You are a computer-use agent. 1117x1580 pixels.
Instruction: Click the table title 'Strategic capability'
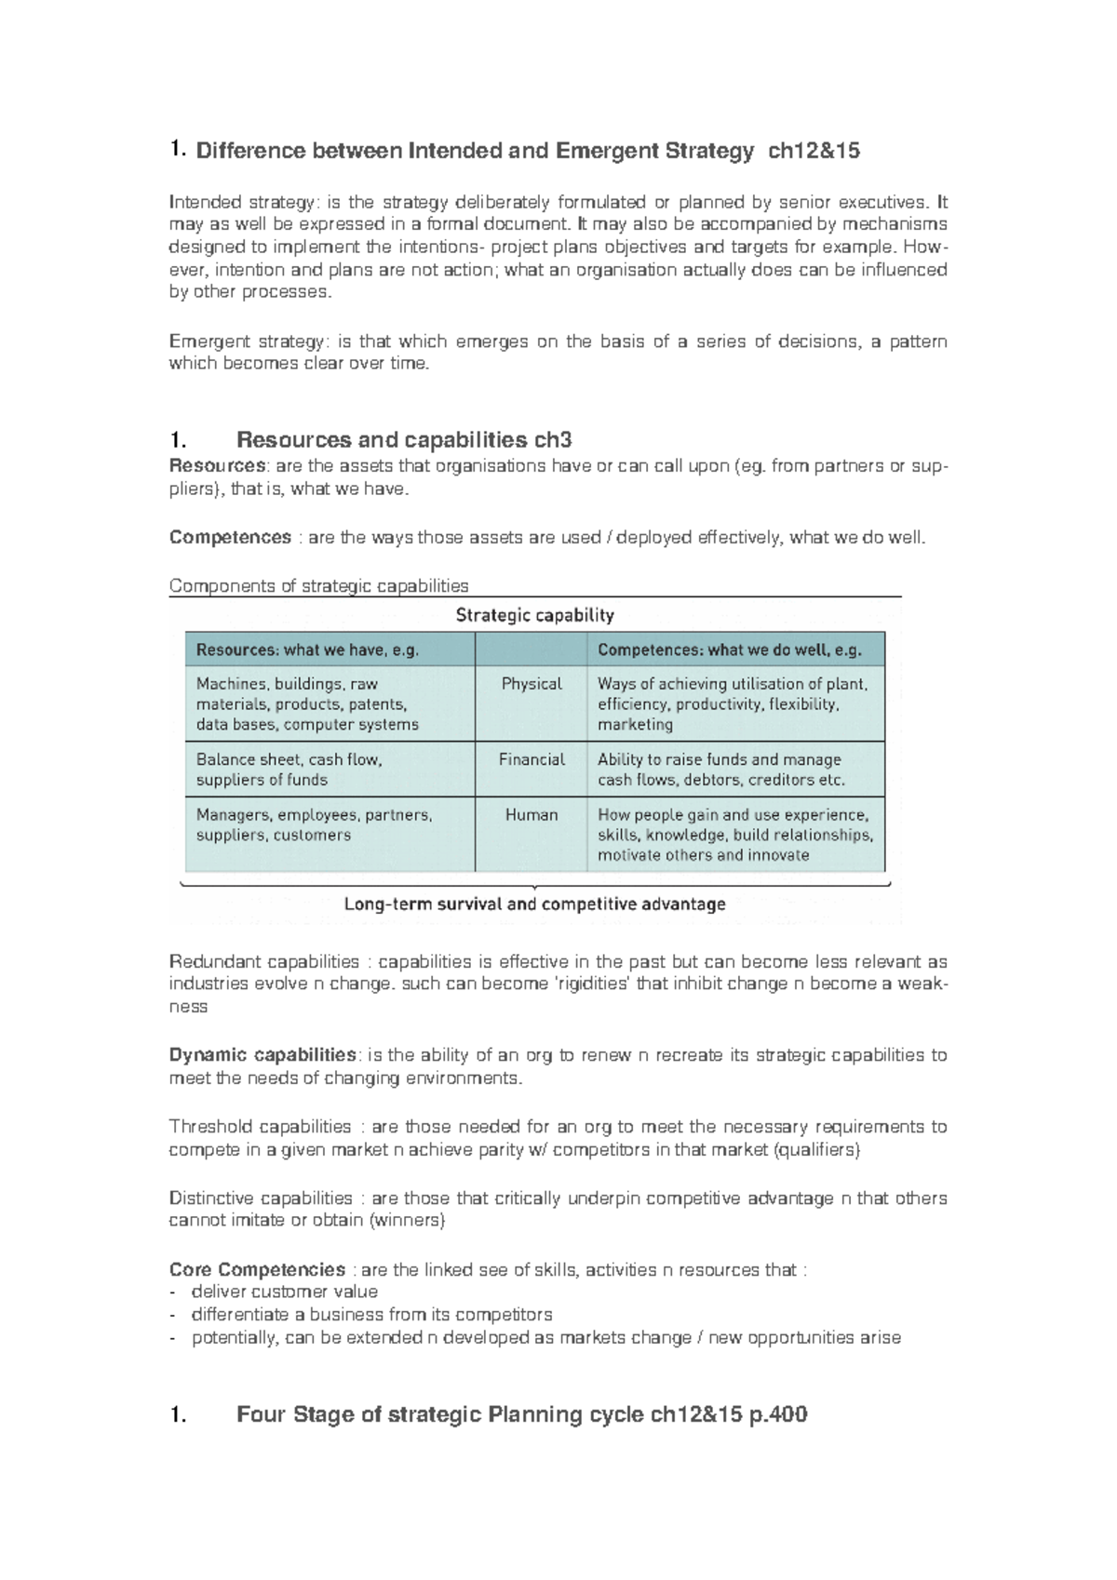click(x=534, y=615)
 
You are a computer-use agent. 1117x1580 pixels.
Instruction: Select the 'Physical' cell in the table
click(x=532, y=684)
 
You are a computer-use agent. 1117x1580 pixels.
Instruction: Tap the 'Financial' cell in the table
click(x=532, y=759)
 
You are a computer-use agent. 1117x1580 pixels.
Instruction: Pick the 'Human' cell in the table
click(x=532, y=815)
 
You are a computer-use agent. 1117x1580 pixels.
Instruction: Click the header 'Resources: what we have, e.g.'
click(x=307, y=650)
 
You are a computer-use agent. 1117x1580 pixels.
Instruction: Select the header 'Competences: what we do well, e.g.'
click(x=729, y=650)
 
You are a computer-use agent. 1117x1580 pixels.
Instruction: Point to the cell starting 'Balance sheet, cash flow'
click(x=289, y=770)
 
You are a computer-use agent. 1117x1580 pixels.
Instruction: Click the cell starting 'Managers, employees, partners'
click(x=314, y=824)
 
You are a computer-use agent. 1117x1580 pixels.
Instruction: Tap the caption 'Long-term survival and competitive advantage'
click(x=534, y=904)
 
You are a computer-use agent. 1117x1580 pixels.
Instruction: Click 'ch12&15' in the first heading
click(x=814, y=151)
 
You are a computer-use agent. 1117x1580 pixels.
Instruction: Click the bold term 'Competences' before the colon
click(x=230, y=538)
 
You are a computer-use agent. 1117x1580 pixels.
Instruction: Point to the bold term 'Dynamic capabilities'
click(x=262, y=1055)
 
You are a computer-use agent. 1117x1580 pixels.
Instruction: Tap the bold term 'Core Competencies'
click(x=257, y=1270)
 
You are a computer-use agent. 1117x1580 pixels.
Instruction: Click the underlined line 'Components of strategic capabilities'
click(x=318, y=586)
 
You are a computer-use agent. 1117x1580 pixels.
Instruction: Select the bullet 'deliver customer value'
click(x=284, y=1292)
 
